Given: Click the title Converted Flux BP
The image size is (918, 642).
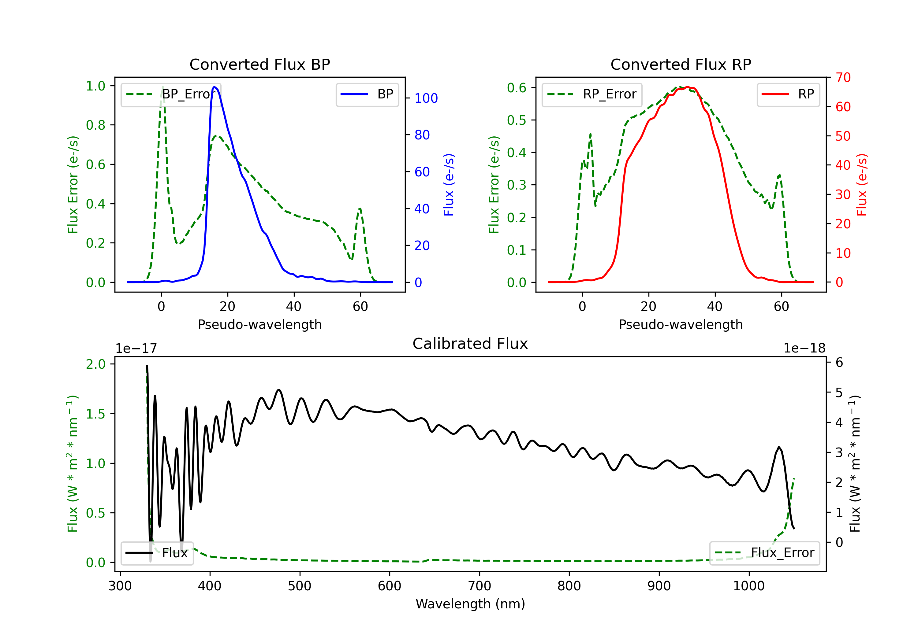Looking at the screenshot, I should (259, 64).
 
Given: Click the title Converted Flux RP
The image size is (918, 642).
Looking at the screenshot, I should (681, 64).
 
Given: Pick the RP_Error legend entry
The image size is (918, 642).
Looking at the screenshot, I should (592, 94).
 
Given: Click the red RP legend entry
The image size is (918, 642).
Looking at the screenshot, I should (788, 94).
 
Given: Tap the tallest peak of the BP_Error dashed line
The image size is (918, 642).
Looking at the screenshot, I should (162, 87).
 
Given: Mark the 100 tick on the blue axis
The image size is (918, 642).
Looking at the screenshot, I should (426, 98).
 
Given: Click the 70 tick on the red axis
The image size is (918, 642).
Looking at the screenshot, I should (843, 78).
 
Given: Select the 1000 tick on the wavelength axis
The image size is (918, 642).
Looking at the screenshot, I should (748, 586).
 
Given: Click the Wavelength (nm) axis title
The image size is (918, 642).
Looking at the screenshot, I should (470, 604).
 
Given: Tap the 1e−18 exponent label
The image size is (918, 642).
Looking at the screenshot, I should (804, 349).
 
